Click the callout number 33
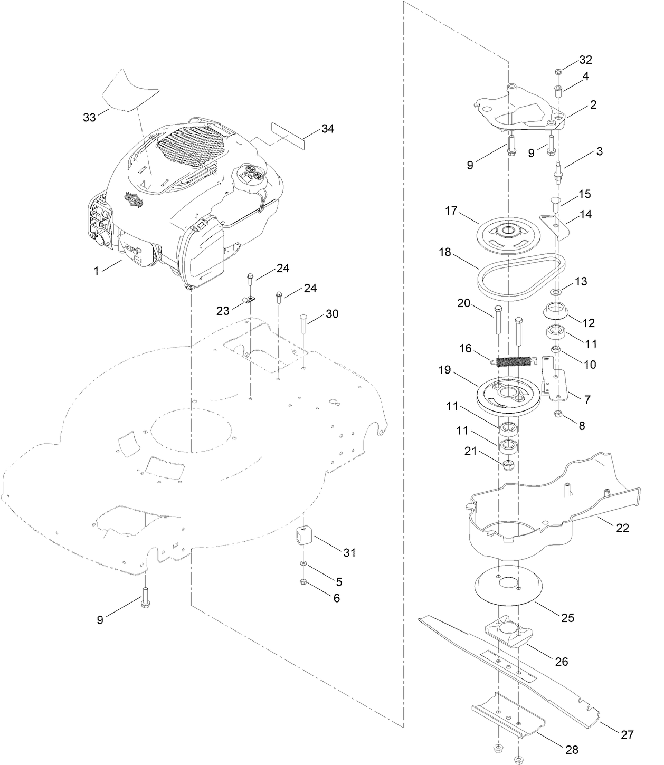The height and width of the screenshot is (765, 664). tap(89, 117)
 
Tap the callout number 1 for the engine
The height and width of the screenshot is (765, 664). tap(96, 271)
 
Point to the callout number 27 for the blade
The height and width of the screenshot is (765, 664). tap(627, 734)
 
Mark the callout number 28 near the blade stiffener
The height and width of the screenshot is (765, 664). tap(571, 750)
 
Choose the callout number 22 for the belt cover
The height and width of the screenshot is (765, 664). tap(623, 528)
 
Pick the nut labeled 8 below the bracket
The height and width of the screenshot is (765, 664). tap(558, 414)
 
